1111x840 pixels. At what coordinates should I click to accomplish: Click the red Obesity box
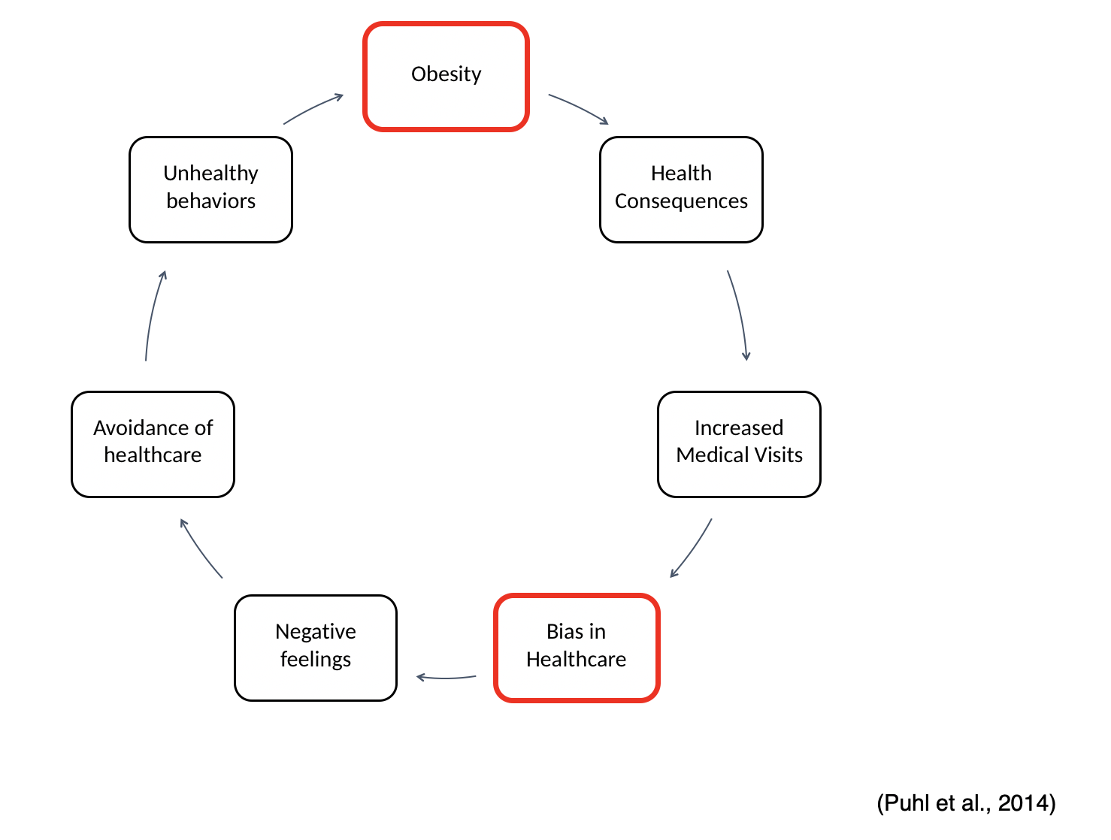pos(446,77)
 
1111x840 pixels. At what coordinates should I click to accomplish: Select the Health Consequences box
pos(681,189)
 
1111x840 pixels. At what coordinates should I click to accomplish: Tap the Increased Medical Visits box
pos(739,444)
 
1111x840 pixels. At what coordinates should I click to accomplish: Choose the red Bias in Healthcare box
pos(577,648)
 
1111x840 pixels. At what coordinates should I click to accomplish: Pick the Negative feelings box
pos(316,648)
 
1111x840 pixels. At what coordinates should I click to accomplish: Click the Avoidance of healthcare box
pos(153,444)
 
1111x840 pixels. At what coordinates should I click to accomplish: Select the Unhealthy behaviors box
pos(210,189)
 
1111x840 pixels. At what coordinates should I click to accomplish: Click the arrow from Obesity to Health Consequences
pos(578,107)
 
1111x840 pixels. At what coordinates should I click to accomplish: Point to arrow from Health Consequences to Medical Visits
pos(740,314)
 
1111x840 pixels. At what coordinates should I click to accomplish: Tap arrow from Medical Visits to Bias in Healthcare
pos(693,549)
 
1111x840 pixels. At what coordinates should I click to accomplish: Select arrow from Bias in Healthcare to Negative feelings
pos(446,678)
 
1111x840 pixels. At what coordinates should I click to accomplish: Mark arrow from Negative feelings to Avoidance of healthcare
pos(200,549)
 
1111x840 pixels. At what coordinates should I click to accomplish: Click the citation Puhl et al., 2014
pos(966,802)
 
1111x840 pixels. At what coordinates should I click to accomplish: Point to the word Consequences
pos(681,201)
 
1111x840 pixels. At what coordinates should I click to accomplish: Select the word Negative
pos(316,631)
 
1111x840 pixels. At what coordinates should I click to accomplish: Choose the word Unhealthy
pos(210,174)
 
